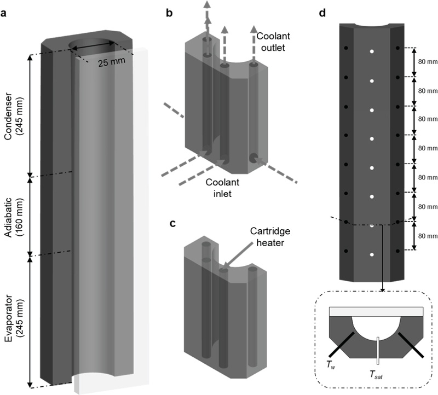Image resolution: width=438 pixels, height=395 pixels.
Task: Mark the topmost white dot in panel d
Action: point(372,51)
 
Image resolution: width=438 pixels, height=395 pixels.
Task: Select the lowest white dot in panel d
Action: point(372,254)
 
